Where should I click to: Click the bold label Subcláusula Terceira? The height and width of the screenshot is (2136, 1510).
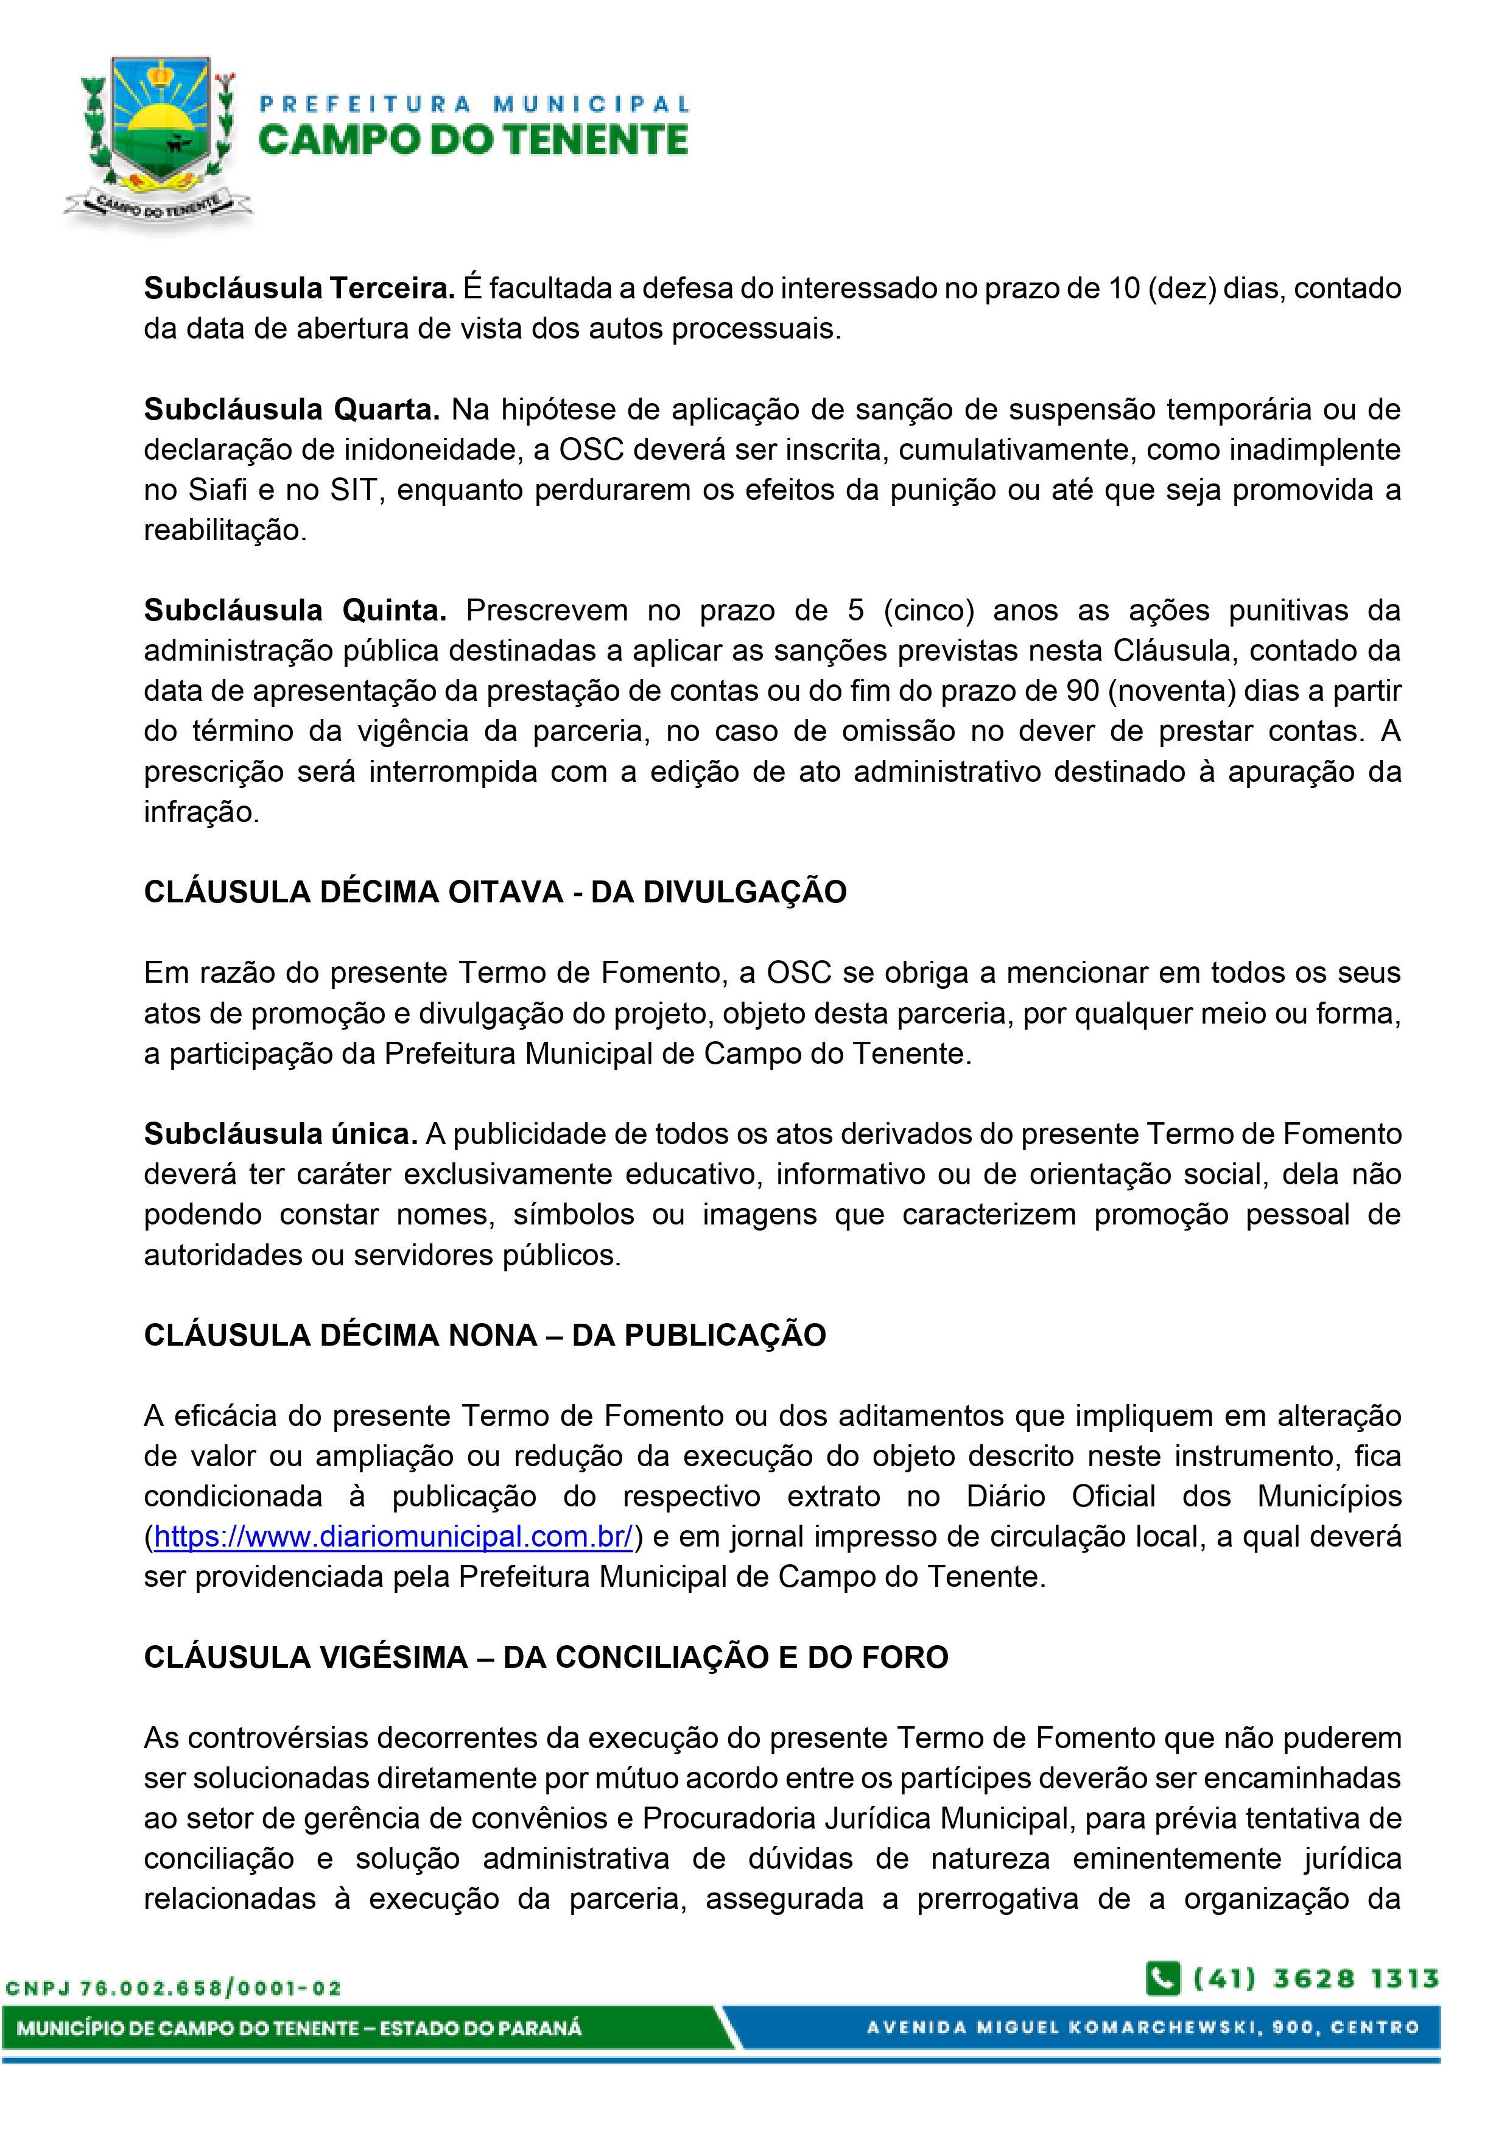(298, 289)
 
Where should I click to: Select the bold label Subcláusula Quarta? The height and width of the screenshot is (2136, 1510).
(291, 409)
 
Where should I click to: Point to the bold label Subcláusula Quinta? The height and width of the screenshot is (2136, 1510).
(295, 610)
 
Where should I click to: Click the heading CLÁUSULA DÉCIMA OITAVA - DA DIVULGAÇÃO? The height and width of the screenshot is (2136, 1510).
(495, 891)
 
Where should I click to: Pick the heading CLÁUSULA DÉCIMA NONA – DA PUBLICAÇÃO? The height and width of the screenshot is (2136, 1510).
(485, 1335)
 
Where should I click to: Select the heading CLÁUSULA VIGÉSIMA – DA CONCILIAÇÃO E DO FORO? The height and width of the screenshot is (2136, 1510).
(545, 1657)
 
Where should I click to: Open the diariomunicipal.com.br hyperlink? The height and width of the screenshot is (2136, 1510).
(393, 1536)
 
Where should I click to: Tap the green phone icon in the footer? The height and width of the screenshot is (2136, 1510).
(1163, 1979)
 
